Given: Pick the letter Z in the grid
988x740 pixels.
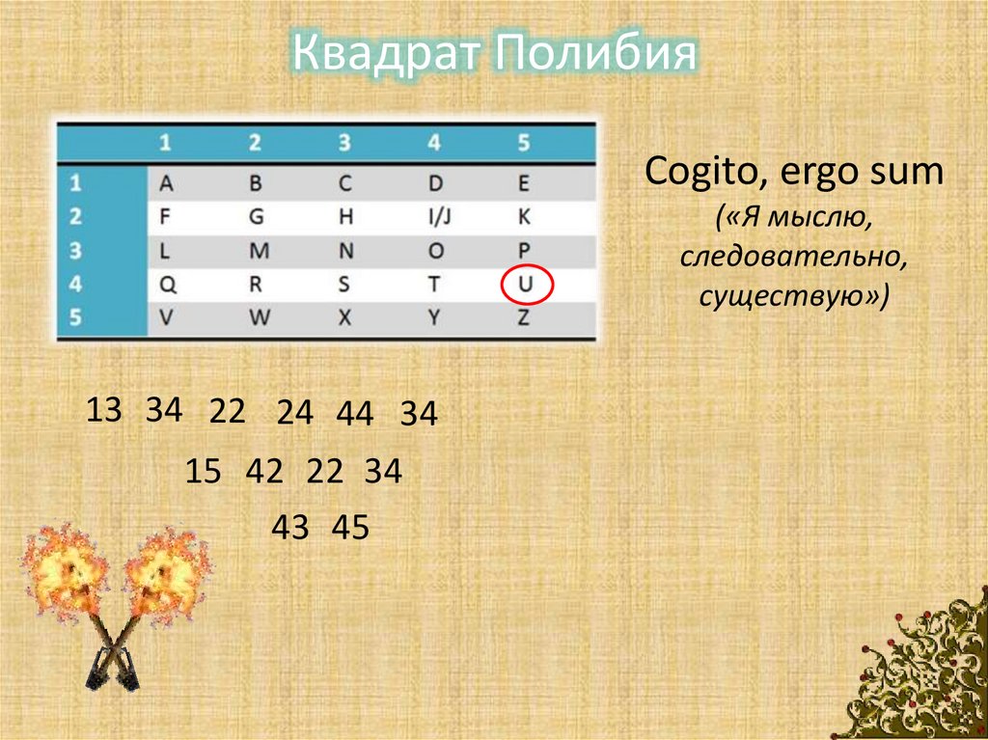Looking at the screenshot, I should point(524,317).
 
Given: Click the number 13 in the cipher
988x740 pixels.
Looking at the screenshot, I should point(104,410).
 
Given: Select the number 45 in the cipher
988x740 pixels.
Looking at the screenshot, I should point(350,527).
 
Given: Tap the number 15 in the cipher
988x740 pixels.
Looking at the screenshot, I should point(204,472).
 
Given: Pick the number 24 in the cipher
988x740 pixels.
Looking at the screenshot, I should point(294,413).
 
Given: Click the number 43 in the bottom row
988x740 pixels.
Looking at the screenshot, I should point(289,527).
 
